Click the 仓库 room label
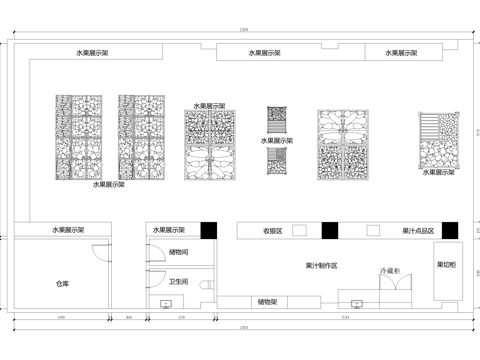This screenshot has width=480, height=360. coord(61,284)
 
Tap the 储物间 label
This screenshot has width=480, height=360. coord(179,253)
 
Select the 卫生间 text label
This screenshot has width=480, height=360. coord(179,281)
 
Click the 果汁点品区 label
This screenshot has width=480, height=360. coord(414,230)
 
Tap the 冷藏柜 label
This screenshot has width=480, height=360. coord(391,271)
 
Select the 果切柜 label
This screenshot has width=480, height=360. coord(447,265)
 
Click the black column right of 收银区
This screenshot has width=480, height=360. coord(328,230)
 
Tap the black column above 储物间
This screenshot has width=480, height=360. coord(208,230)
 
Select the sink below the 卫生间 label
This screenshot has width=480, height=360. coord(166,301)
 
